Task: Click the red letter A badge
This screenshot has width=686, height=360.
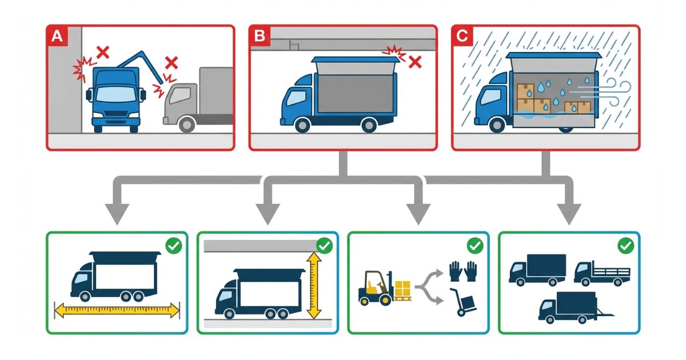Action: (x=57, y=37)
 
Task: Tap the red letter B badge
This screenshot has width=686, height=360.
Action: (x=260, y=37)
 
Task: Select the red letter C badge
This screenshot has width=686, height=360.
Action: (x=462, y=37)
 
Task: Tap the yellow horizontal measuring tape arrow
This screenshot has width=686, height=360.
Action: (x=117, y=311)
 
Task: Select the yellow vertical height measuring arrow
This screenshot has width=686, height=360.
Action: (x=314, y=286)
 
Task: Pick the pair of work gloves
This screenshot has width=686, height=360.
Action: (x=462, y=271)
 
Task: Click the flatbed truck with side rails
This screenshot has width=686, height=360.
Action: (x=601, y=273)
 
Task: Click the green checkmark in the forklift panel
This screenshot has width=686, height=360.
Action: (x=474, y=246)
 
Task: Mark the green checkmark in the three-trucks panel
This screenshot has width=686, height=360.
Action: (x=626, y=246)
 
